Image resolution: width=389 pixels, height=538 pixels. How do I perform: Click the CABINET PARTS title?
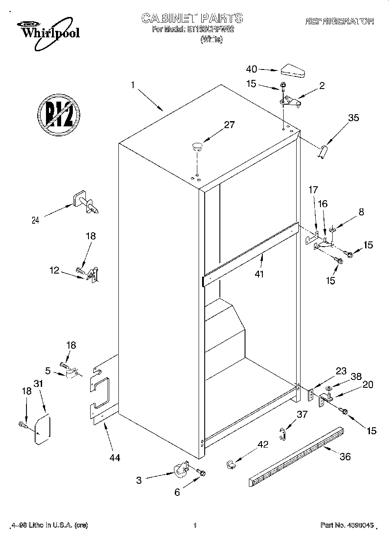click(x=192, y=18)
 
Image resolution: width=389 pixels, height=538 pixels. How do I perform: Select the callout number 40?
click(x=252, y=69)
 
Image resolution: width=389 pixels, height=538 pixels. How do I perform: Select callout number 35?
click(x=353, y=117)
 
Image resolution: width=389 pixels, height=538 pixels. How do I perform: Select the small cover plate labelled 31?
click(x=42, y=430)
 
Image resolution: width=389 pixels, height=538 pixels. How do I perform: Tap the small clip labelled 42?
click(x=231, y=464)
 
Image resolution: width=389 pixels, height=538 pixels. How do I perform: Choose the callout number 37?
click(x=302, y=414)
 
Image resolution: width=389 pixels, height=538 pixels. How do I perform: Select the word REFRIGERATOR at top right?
click(x=339, y=21)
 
